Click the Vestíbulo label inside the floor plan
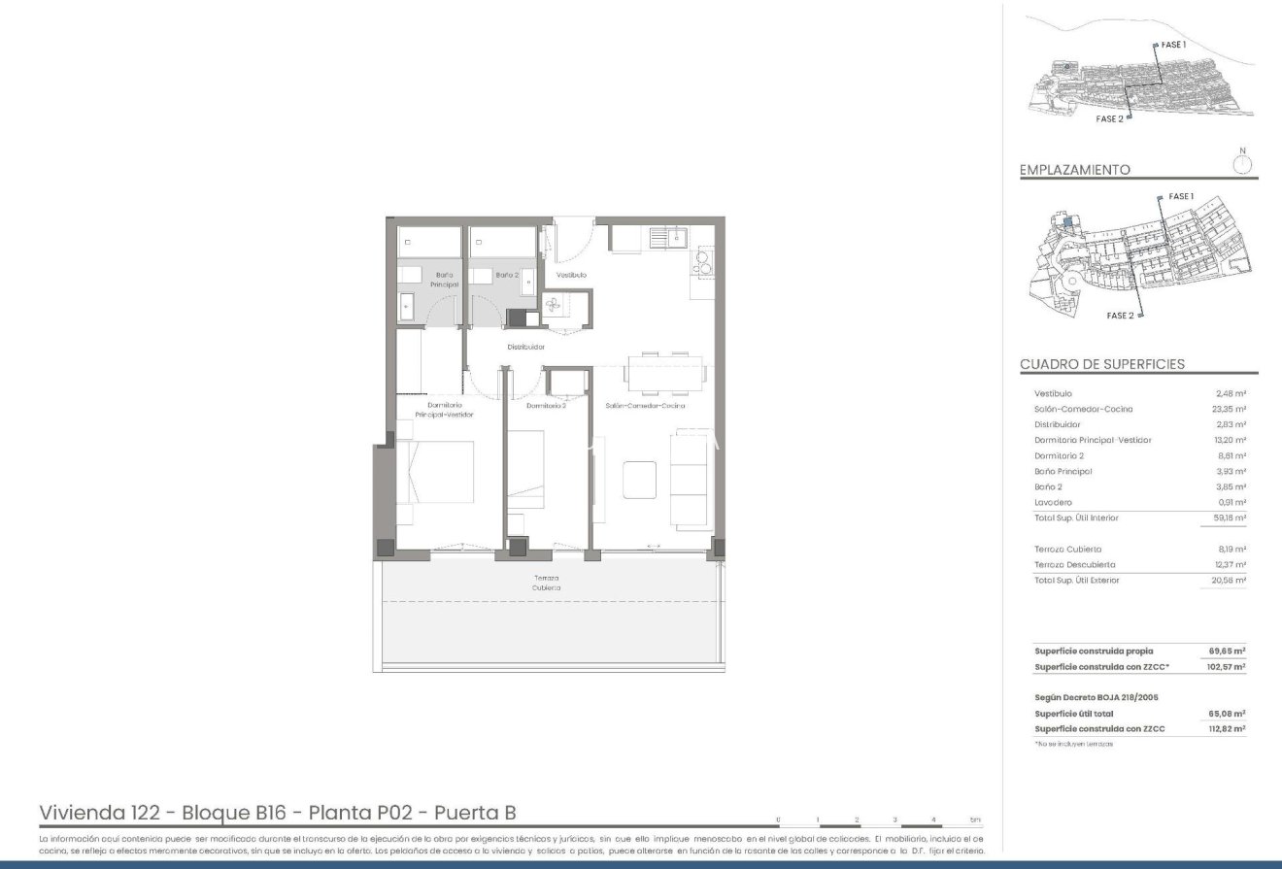571,275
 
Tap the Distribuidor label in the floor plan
525,347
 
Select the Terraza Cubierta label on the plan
546,583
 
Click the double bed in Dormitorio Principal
435,473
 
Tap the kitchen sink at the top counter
670,236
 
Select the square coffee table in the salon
640,479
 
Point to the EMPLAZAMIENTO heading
1074,170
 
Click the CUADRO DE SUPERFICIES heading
1101,364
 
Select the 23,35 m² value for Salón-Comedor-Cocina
1230,409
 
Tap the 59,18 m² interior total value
1230,518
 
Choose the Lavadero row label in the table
1053,502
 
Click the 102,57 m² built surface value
1228,667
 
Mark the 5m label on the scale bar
974,819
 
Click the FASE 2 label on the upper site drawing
1109,118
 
